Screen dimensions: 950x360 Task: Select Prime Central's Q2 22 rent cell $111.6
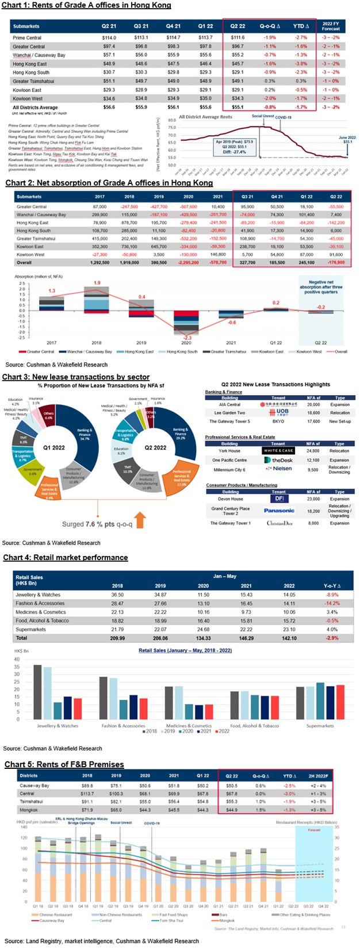coord(238,37)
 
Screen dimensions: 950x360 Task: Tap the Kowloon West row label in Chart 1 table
coord(27,98)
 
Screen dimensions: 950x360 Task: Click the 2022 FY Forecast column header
coord(331,26)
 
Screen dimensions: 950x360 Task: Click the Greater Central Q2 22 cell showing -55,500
coord(336,206)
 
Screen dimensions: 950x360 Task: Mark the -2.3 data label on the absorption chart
coord(188,338)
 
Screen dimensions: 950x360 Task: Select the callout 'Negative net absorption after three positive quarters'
coord(321,285)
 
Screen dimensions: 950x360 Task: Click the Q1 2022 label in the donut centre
coord(54,447)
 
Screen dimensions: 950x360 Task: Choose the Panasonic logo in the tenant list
coord(279,511)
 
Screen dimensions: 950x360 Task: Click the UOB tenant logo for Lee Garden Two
coord(279,412)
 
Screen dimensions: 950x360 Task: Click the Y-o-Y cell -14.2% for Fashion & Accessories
coord(332,603)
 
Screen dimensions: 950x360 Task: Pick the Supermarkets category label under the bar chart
coord(320,726)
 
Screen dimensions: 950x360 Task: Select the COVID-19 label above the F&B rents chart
coord(152,823)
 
